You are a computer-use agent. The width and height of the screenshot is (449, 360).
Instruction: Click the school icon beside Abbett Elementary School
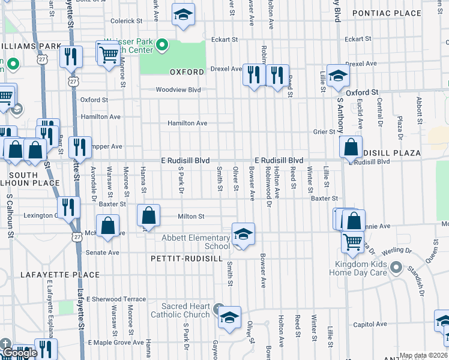pyautogui.click(x=244, y=234)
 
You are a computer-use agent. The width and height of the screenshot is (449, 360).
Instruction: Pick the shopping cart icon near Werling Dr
pyautogui.click(x=352, y=241)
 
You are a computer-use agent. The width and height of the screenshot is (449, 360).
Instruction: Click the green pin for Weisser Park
pyautogui.click(x=161, y=45)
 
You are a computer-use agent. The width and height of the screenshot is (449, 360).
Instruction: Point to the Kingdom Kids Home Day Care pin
pyautogui.click(x=395, y=266)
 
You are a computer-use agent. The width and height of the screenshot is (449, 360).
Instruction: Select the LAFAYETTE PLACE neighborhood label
pyautogui.click(x=60, y=275)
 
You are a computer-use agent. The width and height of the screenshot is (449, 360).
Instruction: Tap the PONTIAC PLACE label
pyautogui.click(x=396, y=13)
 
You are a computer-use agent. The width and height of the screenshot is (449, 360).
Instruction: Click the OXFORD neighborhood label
pyautogui.click(x=187, y=72)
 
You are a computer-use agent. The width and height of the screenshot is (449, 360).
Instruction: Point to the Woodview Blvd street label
pyautogui.click(x=178, y=90)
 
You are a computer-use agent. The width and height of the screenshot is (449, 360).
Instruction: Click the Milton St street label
pyautogui.click(x=191, y=217)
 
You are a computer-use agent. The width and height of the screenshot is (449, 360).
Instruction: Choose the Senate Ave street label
pyautogui.click(x=102, y=253)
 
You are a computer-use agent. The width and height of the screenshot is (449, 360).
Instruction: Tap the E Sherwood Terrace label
pyautogui.click(x=116, y=299)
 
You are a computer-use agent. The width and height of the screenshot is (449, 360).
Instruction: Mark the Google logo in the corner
pyautogui.click(x=20, y=353)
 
